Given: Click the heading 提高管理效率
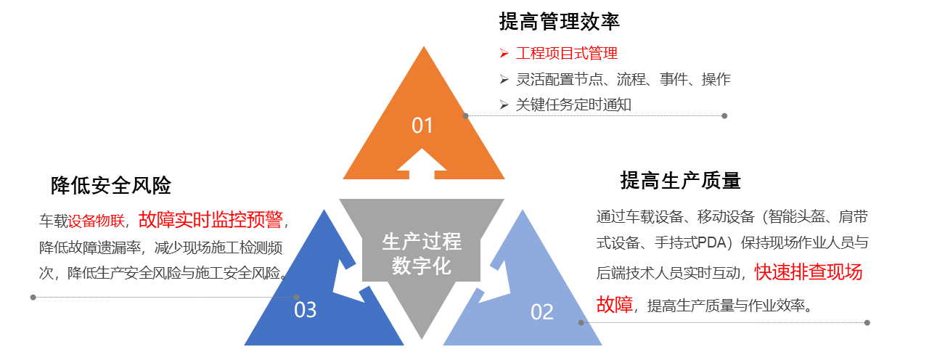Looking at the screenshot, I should click(x=559, y=22).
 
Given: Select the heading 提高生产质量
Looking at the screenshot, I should click(x=680, y=180).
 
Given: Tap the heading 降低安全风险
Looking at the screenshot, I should click(x=111, y=185).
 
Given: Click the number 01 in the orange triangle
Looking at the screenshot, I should click(x=422, y=126).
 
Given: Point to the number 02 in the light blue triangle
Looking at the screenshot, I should click(x=542, y=312).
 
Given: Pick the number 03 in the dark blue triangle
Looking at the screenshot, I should click(x=306, y=310).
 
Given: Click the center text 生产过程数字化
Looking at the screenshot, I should click(x=422, y=253).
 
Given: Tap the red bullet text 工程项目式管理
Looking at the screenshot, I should click(x=567, y=53).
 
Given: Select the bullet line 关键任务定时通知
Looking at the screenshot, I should click(x=573, y=105).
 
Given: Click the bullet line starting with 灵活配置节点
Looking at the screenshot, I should click(x=623, y=79).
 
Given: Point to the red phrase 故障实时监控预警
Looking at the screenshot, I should click(x=210, y=219).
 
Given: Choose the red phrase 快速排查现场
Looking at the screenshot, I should click(x=809, y=272).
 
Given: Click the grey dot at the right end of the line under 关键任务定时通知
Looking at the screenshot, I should click(x=724, y=115).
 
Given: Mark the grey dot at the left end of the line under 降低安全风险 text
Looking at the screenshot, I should click(x=33, y=297).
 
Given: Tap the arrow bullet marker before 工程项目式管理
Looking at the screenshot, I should click(x=504, y=53).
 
